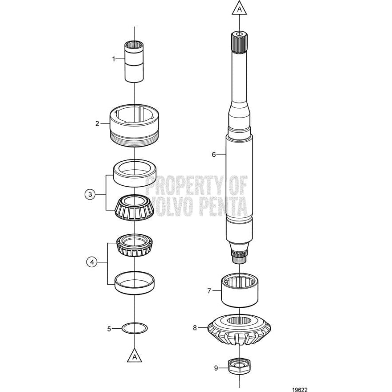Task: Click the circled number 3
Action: point(90,194)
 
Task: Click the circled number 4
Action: point(92,263)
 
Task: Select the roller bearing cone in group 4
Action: point(134,245)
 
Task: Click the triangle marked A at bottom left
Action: point(134,356)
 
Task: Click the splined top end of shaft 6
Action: point(240,42)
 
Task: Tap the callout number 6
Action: point(214,155)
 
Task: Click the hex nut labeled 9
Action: point(240,367)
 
